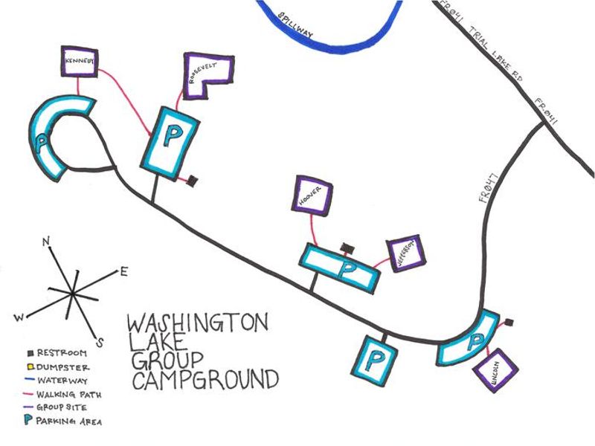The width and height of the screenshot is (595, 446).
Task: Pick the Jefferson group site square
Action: pos(406,253)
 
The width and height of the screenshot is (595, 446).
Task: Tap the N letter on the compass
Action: pos(47,242)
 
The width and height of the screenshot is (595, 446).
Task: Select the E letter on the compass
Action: pos(123,272)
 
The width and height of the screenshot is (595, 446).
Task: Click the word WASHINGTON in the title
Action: pos(197,324)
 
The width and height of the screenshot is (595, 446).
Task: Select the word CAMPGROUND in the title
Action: pos(205,379)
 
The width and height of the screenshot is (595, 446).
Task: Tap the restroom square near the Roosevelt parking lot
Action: pos(192,179)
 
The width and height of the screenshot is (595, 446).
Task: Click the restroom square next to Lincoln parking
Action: pos(509,323)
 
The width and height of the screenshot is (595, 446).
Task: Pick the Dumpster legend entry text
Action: pos(62,367)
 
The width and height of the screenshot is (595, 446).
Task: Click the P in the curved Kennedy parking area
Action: pos(44,139)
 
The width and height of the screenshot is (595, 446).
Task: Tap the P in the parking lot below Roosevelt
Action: pos(172,135)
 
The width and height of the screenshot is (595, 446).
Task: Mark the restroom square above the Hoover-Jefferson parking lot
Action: pos(345,247)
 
